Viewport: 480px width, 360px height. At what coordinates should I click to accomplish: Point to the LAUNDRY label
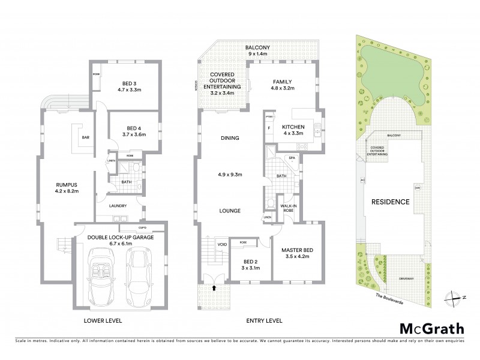(117, 206)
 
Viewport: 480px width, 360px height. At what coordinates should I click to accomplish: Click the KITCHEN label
(295, 127)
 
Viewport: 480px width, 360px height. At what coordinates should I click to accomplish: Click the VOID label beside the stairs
(222, 244)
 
